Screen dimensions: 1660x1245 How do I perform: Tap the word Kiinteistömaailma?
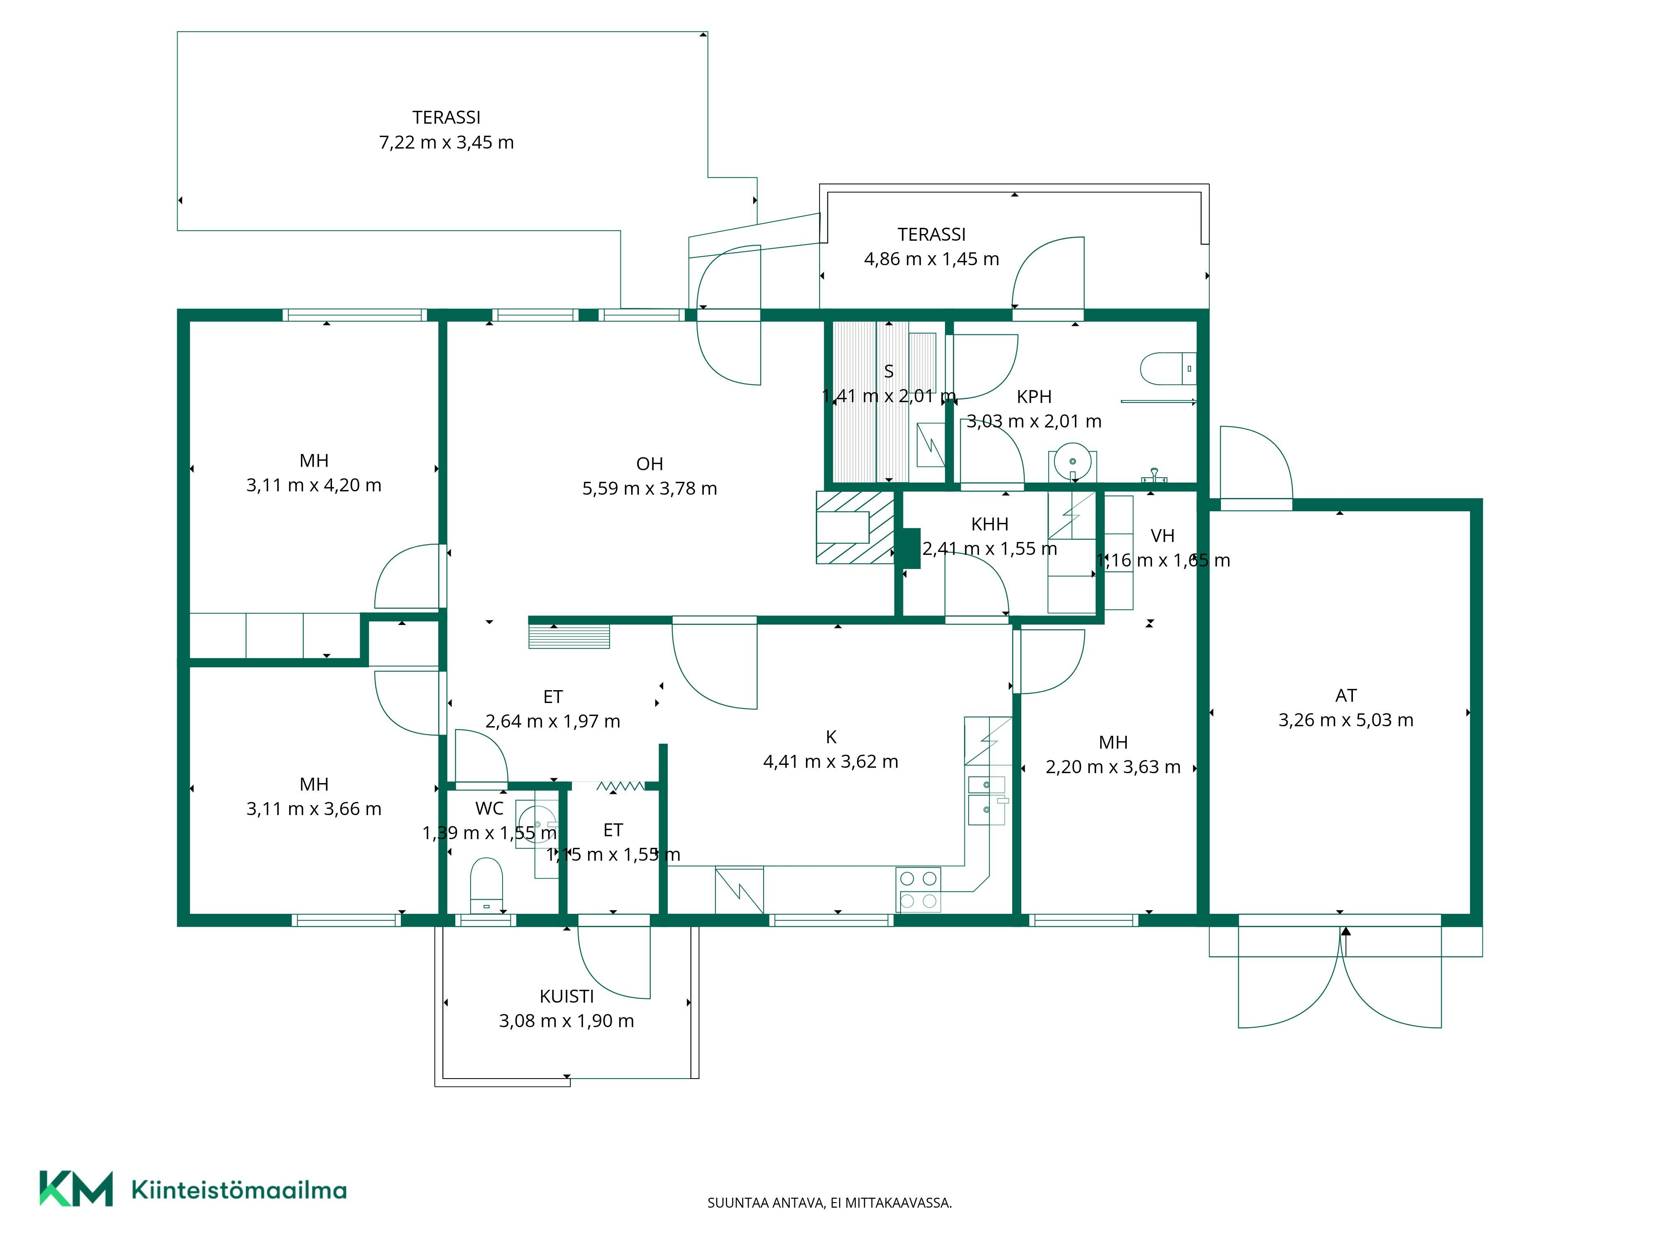coord(239,1190)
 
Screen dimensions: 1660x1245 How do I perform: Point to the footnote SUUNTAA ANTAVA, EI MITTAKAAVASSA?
coord(829,1203)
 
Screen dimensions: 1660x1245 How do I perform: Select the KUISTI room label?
coord(566,996)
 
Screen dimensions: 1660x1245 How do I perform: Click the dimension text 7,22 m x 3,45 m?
coord(447,143)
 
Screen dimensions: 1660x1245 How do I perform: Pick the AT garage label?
coord(1345,696)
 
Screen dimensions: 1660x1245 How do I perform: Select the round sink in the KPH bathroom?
coord(1072,461)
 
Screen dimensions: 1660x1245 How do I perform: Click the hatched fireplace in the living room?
coord(855,527)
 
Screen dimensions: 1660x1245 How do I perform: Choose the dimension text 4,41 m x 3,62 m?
coord(831,762)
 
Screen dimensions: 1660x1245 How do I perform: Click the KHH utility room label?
coord(990,524)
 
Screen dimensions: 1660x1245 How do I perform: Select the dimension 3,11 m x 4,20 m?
coord(314,486)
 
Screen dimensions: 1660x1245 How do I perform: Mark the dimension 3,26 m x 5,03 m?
coord(1345,720)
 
